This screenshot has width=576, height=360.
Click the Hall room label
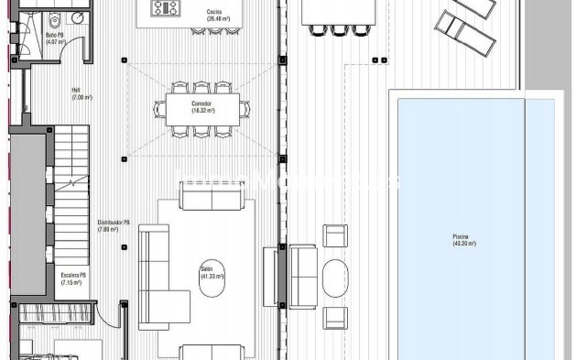tap(76, 90)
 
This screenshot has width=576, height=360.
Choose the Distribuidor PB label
tap(114, 223)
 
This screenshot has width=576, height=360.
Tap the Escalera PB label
tap(73, 275)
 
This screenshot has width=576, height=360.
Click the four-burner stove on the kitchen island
tap(166, 8)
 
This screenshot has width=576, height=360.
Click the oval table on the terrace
tap(336, 278)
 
